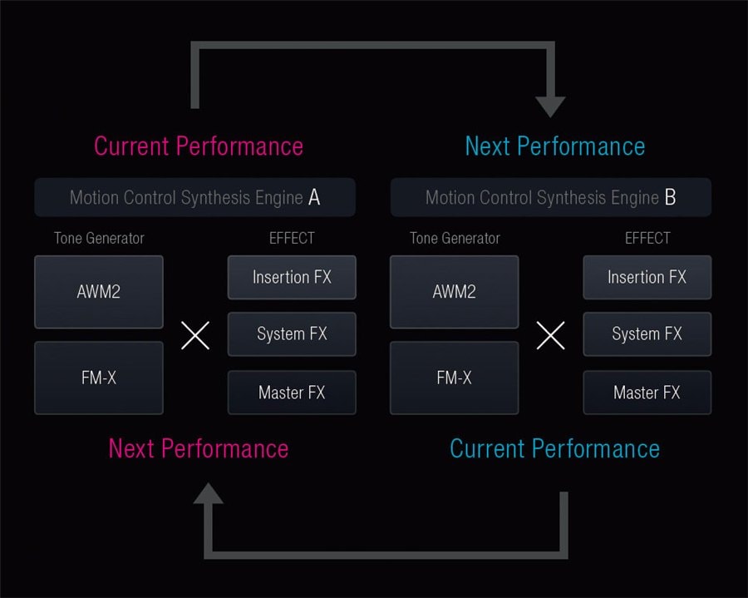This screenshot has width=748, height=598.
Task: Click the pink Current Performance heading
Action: tap(199, 146)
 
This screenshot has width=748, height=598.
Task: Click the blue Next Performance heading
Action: tap(554, 146)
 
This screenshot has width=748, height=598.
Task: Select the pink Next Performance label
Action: tap(199, 449)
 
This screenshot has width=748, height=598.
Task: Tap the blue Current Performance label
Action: tap(554, 449)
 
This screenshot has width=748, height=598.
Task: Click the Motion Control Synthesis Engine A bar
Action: tap(195, 198)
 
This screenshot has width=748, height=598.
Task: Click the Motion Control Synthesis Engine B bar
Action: tap(550, 198)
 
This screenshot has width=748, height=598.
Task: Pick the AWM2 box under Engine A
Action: tap(99, 292)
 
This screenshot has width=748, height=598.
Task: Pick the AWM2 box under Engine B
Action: tap(454, 292)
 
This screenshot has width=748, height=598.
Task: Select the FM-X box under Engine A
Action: tap(99, 378)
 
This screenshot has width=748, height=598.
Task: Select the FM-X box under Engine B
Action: tap(454, 378)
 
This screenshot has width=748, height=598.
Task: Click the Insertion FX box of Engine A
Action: tap(292, 277)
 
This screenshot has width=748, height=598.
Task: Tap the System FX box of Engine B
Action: tap(647, 334)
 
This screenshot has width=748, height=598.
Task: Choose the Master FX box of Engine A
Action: tap(292, 393)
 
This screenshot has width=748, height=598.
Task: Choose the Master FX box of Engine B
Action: tap(647, 393)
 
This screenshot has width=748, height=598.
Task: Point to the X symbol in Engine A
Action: tap(195, 335)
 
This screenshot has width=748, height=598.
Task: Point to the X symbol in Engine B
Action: tap(550, 335)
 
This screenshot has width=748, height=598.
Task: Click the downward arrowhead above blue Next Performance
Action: tap(550, 106)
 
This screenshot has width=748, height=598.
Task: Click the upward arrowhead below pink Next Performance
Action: tap(209, 494)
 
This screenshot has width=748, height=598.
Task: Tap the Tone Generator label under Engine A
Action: tap(99, 239)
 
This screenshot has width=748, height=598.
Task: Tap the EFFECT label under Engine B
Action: tap(647, 239)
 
